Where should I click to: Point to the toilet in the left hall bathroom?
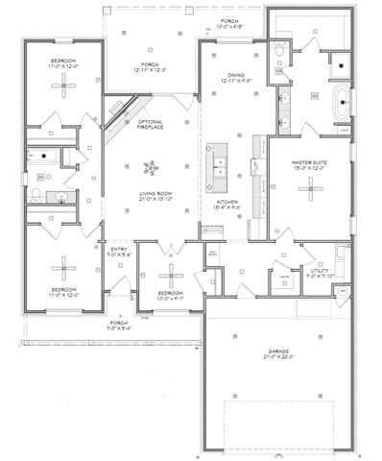(36, 196)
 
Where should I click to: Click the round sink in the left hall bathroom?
(59, 199)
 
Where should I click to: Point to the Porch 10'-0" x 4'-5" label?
(228, 23)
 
